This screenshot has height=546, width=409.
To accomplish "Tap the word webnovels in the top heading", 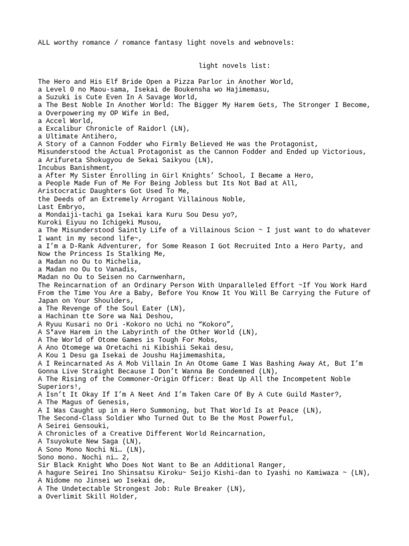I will click(274, 42).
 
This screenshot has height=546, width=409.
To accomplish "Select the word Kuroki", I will click(51, 222).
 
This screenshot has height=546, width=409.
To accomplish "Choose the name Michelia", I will click(123, 261).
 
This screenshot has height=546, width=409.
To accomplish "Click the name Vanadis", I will click(121, 269).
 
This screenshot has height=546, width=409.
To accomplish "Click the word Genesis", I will click(110, 402).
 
